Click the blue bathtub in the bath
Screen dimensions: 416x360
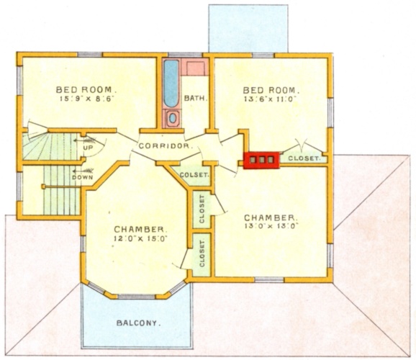[171, 84]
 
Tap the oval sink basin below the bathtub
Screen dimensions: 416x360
[173, 118]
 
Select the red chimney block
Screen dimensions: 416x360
[262, 160]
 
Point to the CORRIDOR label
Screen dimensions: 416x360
[165, 145]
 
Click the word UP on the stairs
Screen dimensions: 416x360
[89, 148]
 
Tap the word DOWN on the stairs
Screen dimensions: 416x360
[83, 177]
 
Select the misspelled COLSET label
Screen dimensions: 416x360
[195, 175]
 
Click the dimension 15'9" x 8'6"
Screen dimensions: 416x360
[87, 99]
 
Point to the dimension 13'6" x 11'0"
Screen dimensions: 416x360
[269, 99]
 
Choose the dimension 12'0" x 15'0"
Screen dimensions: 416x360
[140, 238]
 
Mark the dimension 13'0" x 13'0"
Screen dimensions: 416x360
[271, 225]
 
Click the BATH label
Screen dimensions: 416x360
[196, 98]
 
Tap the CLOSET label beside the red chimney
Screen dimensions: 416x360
[304, 158]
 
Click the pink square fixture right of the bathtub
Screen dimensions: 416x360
[196, 69]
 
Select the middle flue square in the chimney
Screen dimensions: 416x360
[262, 160]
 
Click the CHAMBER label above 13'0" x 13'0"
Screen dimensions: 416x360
[270, 218]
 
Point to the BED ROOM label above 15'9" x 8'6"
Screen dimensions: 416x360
[86, 90]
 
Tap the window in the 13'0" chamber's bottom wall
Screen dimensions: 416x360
[270, 279]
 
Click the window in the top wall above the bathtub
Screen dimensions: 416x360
[186, 55]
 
